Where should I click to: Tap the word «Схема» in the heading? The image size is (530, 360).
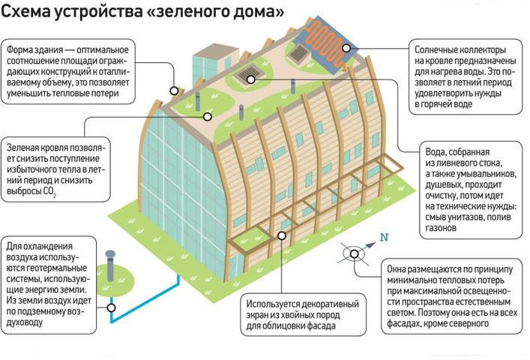pos(29,13)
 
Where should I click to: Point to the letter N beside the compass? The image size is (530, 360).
pos(385,238)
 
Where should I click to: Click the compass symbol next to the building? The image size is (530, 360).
pos(353,253)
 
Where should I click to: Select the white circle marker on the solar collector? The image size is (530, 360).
pos(348,48)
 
